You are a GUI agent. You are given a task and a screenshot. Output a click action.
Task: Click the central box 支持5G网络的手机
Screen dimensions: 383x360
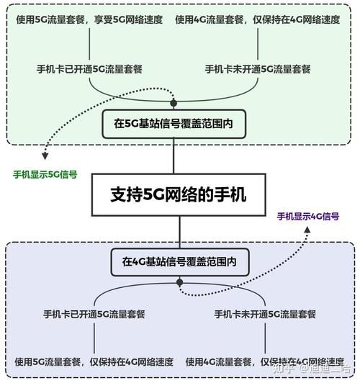point(178,194)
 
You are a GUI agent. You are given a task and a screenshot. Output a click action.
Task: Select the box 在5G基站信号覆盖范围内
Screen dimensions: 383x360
point(174,124)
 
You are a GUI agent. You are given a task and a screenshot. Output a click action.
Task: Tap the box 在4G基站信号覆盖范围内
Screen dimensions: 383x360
point(179,261)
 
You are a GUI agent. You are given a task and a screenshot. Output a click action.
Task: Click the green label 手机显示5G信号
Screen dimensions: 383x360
point(45,174)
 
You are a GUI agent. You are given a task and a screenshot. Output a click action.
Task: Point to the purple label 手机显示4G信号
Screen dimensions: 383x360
point(308,216)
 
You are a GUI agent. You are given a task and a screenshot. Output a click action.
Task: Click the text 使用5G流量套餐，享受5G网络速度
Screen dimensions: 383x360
point(89,19)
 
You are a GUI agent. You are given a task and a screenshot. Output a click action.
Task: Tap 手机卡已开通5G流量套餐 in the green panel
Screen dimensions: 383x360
point(89,69)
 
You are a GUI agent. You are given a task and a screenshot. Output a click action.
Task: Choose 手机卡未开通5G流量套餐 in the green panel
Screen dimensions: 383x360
point(258,69)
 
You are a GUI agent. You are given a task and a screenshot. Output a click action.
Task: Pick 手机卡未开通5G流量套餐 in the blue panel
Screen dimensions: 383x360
point(266,314)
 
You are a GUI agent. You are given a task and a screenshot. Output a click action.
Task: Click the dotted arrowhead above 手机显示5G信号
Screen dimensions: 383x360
point(45,156)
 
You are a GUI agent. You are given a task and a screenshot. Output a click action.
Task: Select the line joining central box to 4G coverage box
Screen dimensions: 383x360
point(179,232)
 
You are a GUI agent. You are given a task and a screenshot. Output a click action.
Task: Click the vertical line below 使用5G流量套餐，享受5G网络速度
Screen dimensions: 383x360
point(89,44)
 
